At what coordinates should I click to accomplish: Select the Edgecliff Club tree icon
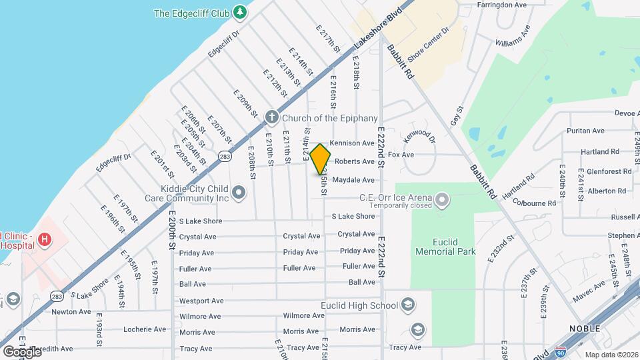click(240, 13)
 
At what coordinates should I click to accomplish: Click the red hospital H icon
click(45, 239)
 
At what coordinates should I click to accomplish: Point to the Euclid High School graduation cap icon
click(409, 306)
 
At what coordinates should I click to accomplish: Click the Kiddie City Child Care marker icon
click(240, 193)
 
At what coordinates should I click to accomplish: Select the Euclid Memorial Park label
click(445, 247)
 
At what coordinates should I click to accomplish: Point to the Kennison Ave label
click(352, 143)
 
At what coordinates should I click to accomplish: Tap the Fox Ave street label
click(401, 155)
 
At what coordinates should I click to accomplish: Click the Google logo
click(21, 351)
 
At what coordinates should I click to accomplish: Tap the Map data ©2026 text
click(611, 355)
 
